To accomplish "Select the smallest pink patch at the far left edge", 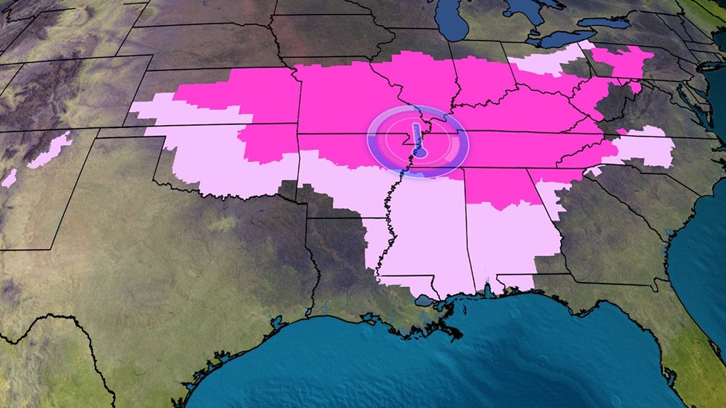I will (9, 178).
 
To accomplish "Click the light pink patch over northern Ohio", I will (548, 63).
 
